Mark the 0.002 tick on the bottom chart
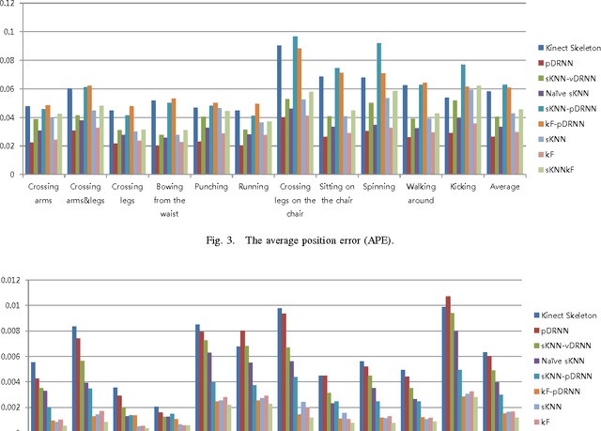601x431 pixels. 11,407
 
